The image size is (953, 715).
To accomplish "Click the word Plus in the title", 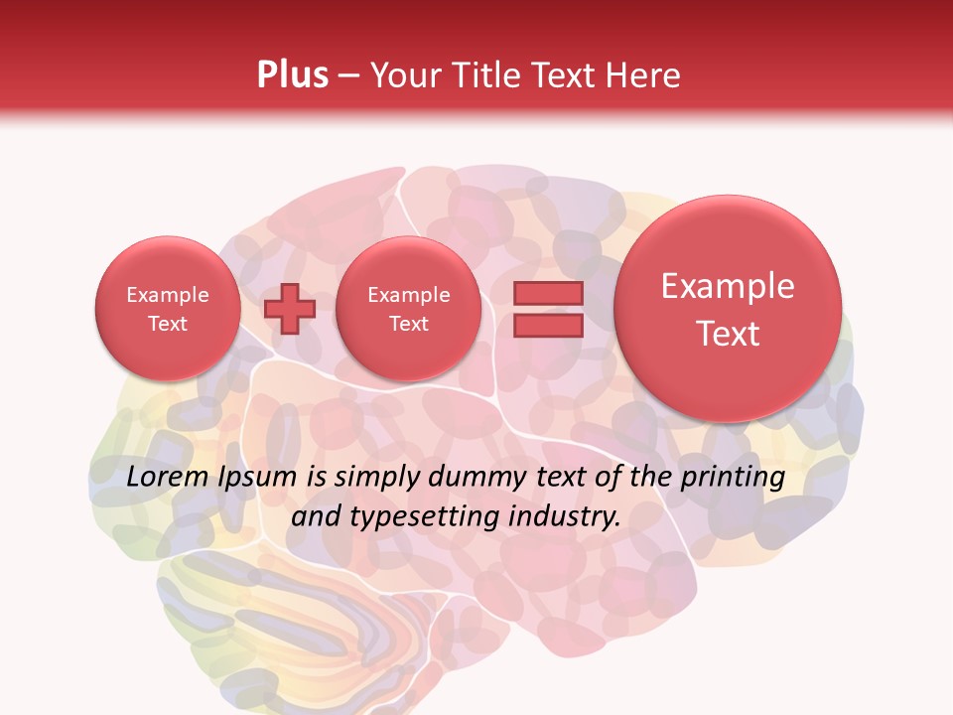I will [x=292, y=74].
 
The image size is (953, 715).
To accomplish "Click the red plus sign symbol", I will [x=290, y=309].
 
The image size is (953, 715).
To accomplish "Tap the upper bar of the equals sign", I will [x=548, y=293].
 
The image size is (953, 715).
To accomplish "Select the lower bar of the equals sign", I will [x=548, y=326].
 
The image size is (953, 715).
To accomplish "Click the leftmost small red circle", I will [x=167, y=309].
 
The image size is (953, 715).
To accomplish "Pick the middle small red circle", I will [x=408, y=309].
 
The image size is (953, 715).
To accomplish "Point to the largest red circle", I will [x=728, y=309].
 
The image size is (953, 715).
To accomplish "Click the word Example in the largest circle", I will [x=728, y=286].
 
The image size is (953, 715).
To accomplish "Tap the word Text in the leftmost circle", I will [x=167, y=324].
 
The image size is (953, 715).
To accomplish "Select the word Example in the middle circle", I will [x=408, y=295].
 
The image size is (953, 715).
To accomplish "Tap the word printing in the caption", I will [x=732, y=477].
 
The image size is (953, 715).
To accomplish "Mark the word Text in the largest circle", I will [x=728, y=334].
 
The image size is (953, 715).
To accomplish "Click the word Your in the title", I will [x=402, y=74].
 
